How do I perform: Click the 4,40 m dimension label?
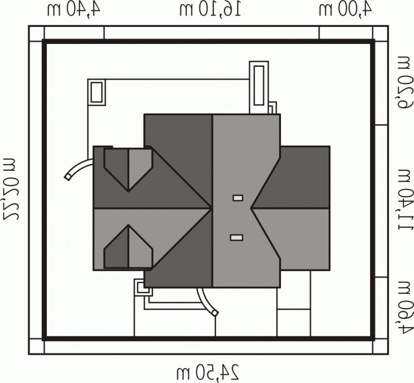[x=73, y=10]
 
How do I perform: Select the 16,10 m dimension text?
[x=210, y=10]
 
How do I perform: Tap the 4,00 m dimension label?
[x=345, y=10]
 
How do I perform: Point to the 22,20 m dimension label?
[x=10, y=188]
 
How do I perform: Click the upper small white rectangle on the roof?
[x=238, y=198]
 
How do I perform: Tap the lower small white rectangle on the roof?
[x=236, y=238]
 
